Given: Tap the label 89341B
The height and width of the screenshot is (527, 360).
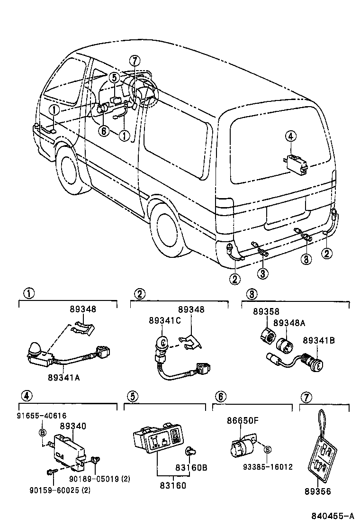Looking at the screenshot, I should point(319,340).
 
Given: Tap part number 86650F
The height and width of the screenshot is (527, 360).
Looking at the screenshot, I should point(243,419).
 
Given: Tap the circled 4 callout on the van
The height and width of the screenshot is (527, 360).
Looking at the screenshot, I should point(290,136).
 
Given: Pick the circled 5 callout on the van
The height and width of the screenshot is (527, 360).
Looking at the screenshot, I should point(115,77).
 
